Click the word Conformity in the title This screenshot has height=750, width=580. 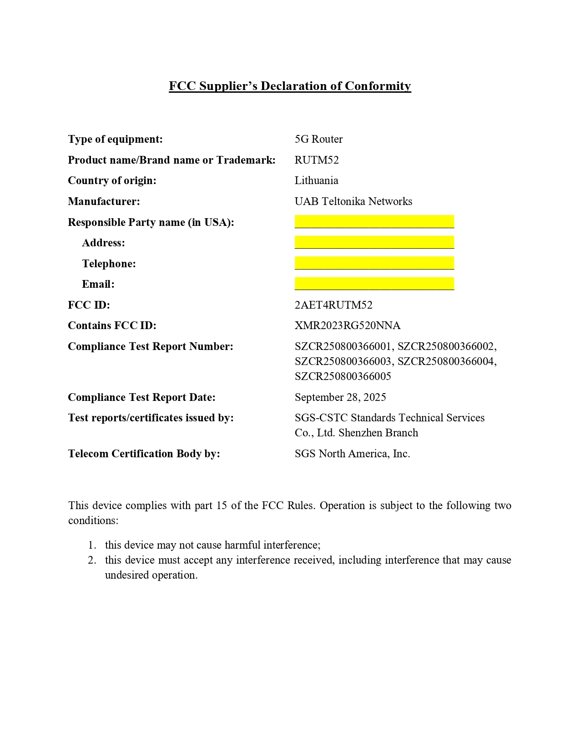click(378, 86)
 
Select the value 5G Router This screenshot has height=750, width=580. click(318, 139)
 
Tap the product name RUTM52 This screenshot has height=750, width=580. click(317, 160)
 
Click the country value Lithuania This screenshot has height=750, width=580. click(316, 180)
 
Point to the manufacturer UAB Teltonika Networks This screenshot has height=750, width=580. click(353, 201)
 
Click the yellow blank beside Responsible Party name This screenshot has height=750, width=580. click(374, 222)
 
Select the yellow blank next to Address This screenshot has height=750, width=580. click(374, 242)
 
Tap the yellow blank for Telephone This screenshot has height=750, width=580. click(374, 263)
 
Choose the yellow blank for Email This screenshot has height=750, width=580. click(374, 284)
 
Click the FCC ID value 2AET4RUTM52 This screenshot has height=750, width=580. click(333, 305)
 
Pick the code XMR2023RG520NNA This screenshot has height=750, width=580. click(348, 325)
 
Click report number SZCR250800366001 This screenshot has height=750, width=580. click(343, 346)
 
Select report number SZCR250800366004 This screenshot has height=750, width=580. click(446, 361)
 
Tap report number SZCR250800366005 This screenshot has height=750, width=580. click(343, 376)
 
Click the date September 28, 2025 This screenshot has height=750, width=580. click(340, 397)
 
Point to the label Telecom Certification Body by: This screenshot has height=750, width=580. click(144, 454)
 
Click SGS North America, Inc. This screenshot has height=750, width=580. click(352, 454)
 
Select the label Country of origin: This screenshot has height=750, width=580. click(112, 180)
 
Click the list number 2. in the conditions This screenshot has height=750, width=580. click(92, 560)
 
